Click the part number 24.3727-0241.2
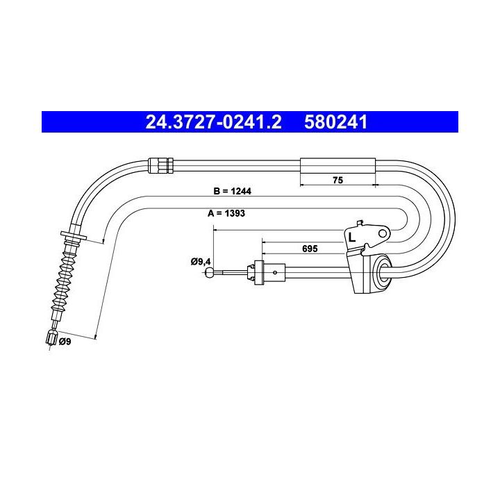click(x=213, y=122)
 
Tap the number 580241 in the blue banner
click(x=336, y=122)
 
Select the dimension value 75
click(x=337, y=180)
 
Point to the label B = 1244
click(x=232, y=191)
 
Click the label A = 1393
click(x=226, y=213)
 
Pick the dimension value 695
click(x=310, y=249)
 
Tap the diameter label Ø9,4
click(x=201, y=262)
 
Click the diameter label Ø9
click(x=65, y=342)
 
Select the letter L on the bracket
click(x=351, y=237)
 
